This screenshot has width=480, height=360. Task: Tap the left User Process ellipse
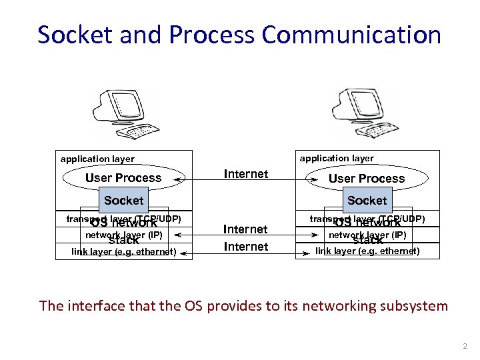[x=123, y=178]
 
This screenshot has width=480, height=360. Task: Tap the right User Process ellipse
[x=366, y=179]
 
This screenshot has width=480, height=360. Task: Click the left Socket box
[x=123, y=200]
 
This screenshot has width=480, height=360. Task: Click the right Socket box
[x=367, y=200]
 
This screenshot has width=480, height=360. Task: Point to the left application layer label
[x=97, y=159]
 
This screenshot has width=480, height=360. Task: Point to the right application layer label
[x=337, y=159]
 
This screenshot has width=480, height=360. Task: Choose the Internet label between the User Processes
[x=246, y=174]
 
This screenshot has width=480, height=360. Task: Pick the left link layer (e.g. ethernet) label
[x=124, y=252]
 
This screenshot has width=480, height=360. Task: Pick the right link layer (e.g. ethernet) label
[x=367, y=251]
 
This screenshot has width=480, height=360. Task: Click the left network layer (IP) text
[x=123, y=235]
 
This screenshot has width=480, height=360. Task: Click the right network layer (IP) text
[x=367, y=235]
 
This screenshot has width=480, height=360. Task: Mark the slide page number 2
[x=465, y=347]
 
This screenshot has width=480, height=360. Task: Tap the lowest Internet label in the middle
[x=246, y=247]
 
